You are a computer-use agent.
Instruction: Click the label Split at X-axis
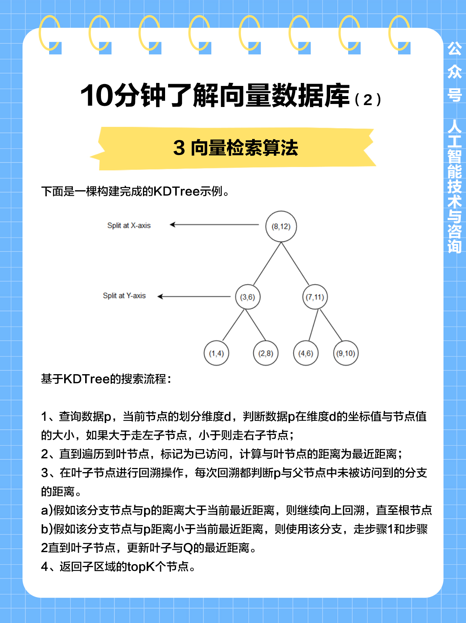coord(129,226)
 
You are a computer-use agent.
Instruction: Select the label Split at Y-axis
coord(124,296)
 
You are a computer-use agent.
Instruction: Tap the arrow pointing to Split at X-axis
coord(214,225)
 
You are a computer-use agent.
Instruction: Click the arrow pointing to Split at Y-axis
coord(194,296)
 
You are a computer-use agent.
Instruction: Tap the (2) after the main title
coord(368,99)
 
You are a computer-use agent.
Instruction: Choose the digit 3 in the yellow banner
coord(179,148)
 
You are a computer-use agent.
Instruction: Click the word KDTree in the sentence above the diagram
coord(176,191)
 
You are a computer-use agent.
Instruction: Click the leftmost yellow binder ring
coord(50,33)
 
